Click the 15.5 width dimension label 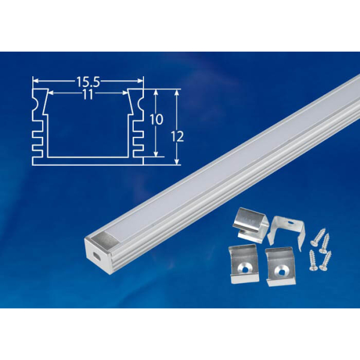coord(88,79)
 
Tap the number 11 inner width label coord(88,95)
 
